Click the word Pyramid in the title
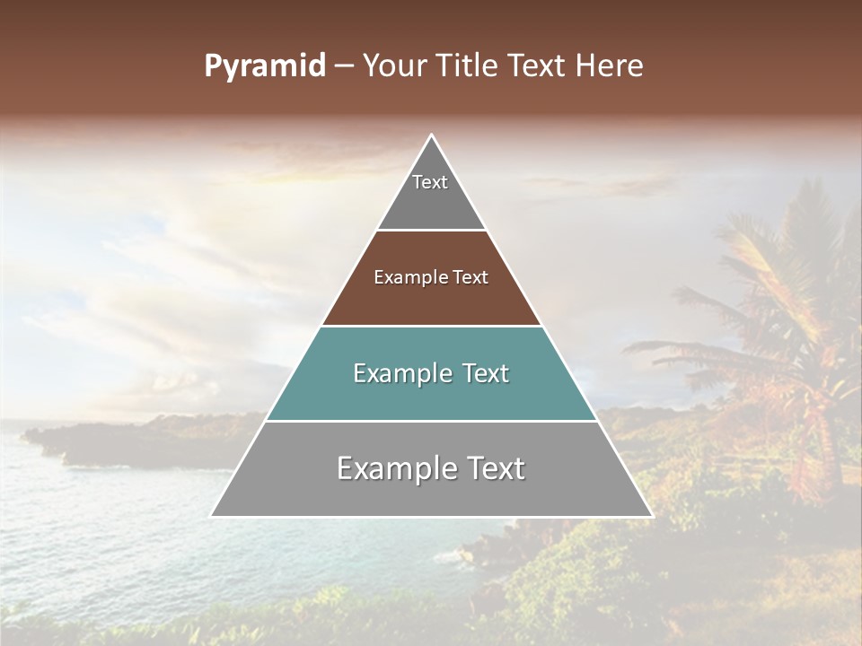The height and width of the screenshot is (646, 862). pyautogui.click(x=264, y=66)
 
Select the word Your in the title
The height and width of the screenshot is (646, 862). pyautogui.click(x=393, y=66)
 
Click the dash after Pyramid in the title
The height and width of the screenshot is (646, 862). pyautogui.click(x=343, y=67)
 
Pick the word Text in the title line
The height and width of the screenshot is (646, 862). pyautogui.click(x=539, y=66)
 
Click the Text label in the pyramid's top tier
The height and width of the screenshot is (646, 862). pyautogui.click(x=430, y=182)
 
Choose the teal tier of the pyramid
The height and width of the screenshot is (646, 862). pyautogui.click(x=431, y=395)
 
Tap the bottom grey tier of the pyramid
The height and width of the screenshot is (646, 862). pyautogui.click(x=431, y=489)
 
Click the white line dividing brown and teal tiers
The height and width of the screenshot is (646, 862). pyautogui.click(x=431, y=326)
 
